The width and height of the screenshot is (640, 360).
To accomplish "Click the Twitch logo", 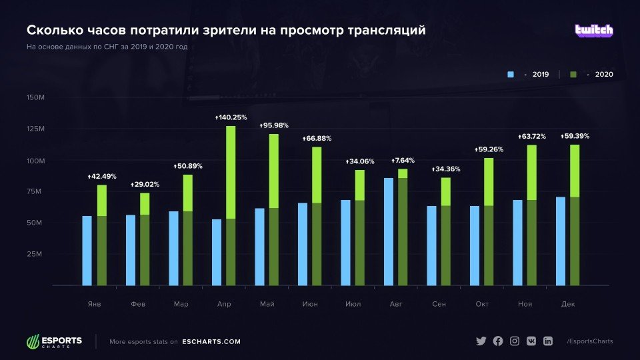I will [x=594, y=31].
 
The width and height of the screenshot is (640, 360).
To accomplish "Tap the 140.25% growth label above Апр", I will [x=230, y=117].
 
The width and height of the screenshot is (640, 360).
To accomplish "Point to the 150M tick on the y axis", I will [x=35, y=97].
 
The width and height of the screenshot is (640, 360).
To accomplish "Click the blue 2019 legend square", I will [x=511, y=75].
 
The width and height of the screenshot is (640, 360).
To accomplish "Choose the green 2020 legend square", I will [x=573, y=75].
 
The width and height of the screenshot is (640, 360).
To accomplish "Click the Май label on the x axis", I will [x=267, y=304].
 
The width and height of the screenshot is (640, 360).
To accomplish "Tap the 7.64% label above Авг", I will [x=403, y=161].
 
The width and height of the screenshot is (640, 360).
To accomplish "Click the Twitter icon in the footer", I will [x=481, y=341].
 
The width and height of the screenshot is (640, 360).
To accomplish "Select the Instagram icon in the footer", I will [x=515, y=341].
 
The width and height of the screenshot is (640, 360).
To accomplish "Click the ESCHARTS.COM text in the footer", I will [x=211, y=342].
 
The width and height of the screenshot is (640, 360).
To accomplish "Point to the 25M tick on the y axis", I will [x=35, y=254].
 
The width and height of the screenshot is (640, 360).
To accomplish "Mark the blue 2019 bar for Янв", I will [x=87, y=251].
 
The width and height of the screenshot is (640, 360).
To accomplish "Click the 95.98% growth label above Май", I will [x=274, y=126].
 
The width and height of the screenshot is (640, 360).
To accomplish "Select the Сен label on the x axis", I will [x=439, y=304].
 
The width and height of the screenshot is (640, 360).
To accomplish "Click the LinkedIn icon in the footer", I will [x=548, y=341].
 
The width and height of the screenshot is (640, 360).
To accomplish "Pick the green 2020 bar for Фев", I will [x=145, y=239].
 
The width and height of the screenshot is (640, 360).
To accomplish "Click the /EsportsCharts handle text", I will [x=589, y=341].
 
